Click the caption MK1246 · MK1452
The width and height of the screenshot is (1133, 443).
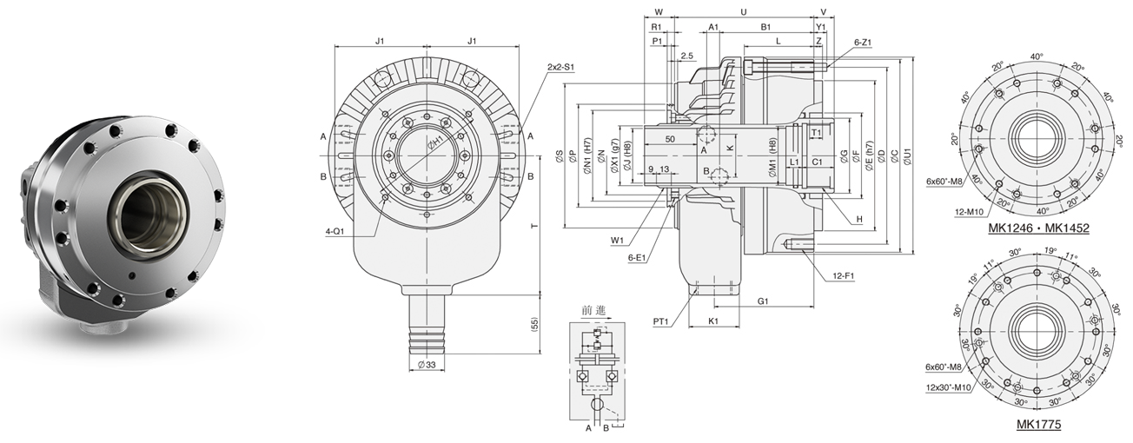(1038, 228)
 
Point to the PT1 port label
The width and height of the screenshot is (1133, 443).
(661, 322)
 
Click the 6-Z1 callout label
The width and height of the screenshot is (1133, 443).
(862, 42)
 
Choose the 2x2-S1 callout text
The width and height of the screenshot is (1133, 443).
(561, 67)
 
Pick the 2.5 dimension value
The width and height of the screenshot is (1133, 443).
(687, 56)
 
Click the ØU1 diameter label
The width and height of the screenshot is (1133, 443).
(907, 156)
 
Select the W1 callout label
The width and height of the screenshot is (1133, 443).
(618, 240)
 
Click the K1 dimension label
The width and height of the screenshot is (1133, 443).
(712, 321)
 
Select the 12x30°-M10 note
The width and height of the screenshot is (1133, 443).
(949, 387)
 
